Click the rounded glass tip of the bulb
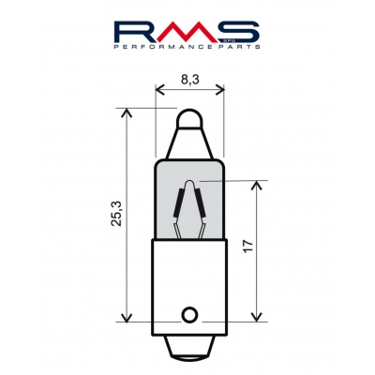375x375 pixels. coord(188,119)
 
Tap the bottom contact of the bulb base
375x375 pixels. coord(188,348)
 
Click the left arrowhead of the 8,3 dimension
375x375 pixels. coord(157,92)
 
